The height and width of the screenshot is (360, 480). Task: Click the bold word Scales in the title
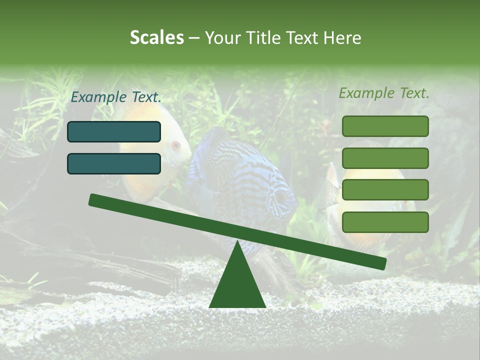pyautogui.click(x=156, y=37)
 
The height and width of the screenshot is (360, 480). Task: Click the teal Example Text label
pyautogui.click(x=116, y=97)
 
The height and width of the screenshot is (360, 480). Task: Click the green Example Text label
pyautogui.click(x=384, y=93)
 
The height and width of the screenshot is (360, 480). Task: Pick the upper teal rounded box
pyautogui.click(x=114, y=131)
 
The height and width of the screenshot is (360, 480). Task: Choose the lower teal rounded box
pyautogui.click(x=114, y=163)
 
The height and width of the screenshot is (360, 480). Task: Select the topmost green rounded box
pyautogui.click(x=385, y=126)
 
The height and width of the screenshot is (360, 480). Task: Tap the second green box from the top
pyautogui.click(x=385, y=158)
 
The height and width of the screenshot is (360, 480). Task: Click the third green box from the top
pyautogui.click(x=385, y=190)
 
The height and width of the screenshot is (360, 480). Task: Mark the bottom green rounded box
pyautogui.click(x=385, y=222)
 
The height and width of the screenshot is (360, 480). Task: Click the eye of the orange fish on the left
pyautogui.click(x=175, y=146)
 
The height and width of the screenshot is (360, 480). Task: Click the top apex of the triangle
pyautogui.click(x=237, y=242)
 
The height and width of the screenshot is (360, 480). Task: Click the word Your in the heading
pyautogui.click(x=222, y=37)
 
